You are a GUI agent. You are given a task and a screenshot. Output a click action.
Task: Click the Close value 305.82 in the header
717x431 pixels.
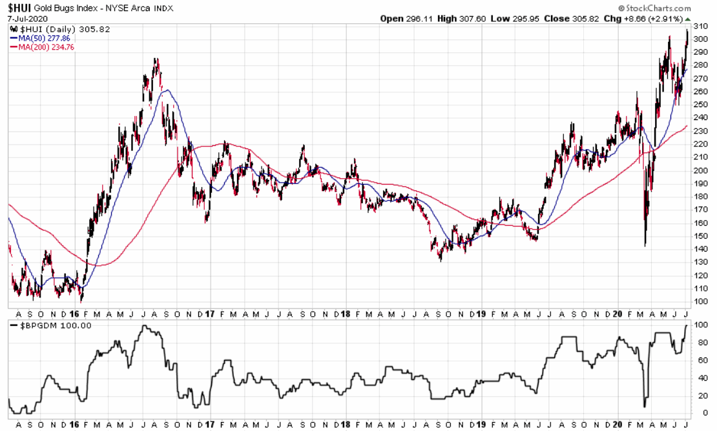click(x=569, y=19)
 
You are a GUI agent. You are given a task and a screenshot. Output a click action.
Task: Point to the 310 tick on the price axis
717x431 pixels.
click(x=700, y=26)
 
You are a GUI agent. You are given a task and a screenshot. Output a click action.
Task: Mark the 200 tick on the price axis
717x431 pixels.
click(x=700, y=170)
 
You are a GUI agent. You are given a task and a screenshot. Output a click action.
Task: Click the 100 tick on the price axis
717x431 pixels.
click(x=700, y=301)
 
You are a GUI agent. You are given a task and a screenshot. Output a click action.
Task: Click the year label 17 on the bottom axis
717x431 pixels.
click(x=209, y=425)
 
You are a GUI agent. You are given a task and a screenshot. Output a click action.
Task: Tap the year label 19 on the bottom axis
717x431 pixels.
click(x=480, y=425)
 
